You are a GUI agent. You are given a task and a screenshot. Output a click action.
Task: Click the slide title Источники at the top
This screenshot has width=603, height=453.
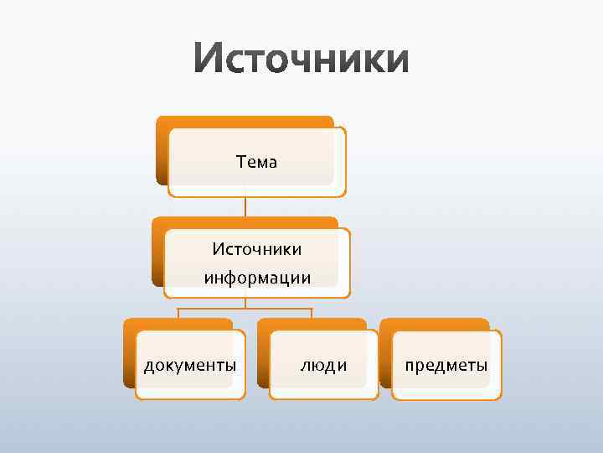point(301,61)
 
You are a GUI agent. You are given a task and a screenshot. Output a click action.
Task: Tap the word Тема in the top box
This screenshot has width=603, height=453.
point(256,162)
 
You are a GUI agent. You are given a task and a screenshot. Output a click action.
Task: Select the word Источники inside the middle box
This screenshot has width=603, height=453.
point(256,249)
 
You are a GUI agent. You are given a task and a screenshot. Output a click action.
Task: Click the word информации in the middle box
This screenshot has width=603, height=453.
point(256,278)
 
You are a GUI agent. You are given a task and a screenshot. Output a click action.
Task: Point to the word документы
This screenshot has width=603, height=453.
point(189,366)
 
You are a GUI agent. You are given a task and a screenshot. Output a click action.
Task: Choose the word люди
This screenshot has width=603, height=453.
point(324,366)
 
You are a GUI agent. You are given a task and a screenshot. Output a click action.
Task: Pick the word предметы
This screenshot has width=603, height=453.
point(446,366)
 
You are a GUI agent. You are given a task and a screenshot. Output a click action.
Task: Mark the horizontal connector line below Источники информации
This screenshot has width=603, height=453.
point(245,309)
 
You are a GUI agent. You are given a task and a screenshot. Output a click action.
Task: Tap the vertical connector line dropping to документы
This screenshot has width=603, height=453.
point(178,314)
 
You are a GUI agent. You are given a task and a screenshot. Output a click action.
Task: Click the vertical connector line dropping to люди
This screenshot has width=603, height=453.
point(312,314)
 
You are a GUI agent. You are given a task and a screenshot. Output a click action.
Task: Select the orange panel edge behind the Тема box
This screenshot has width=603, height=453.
point(161,151)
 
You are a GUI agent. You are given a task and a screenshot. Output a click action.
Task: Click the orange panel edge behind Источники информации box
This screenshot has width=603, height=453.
point(157,252)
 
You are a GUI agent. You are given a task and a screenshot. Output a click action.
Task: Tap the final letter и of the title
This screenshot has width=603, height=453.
point(396,61)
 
